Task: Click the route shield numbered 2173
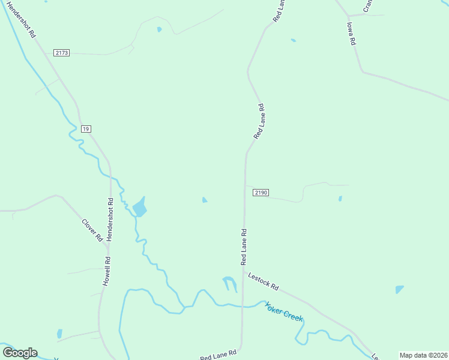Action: point(62,53)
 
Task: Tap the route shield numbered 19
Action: point(86,129)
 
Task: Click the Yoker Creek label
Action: point(284,311)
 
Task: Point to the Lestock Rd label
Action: point(264,280)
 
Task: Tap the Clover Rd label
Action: point(91,230)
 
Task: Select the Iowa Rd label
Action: point(352,34)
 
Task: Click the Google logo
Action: point(20,353)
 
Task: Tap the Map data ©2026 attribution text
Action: point(423,355)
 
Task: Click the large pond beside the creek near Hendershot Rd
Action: point(140,208)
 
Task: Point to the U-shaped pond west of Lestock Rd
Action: point(229,283)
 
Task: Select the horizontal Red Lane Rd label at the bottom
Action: point(219,355)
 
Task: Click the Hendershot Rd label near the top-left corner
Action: point(22,20)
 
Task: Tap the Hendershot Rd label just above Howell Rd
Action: point(109,219)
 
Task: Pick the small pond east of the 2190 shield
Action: point(340,199)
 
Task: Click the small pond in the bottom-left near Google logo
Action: point(59,334)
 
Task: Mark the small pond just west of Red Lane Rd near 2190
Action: point(205,200)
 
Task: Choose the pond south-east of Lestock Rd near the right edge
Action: point(399,290)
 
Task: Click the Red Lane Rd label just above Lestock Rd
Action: point(244,247)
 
